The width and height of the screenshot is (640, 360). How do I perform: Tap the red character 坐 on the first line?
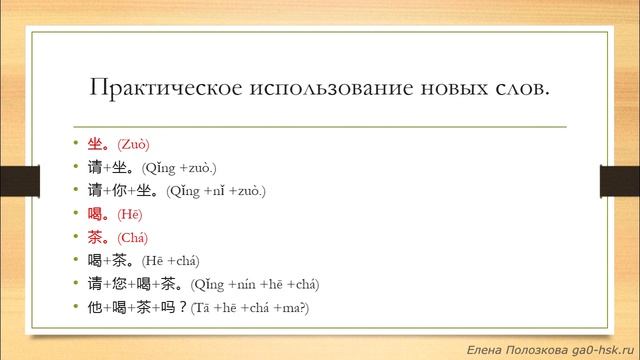point(96,143)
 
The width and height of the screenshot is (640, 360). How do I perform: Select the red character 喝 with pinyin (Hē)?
point(96,213)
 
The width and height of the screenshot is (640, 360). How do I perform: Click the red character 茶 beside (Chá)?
point(96,237)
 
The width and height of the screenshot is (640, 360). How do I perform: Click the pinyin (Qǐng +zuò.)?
point(180,167)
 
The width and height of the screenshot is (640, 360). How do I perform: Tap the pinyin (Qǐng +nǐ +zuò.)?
point(217,190)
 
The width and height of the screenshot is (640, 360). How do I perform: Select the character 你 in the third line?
point(132,190)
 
